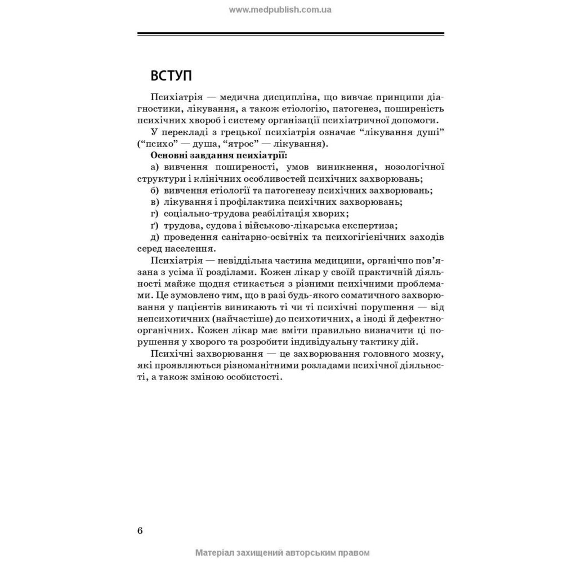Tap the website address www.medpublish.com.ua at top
(x=281, y=10)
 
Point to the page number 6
(x=140, y=531)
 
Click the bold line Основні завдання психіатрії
(x=209, y=155)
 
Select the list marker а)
(x=155, y=167)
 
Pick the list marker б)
(x=155, y=190)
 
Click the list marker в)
(x=155, y=202)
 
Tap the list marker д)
(x=155, y=236)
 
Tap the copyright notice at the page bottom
(x=282, y=553)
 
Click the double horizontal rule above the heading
(x=291, y=35)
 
